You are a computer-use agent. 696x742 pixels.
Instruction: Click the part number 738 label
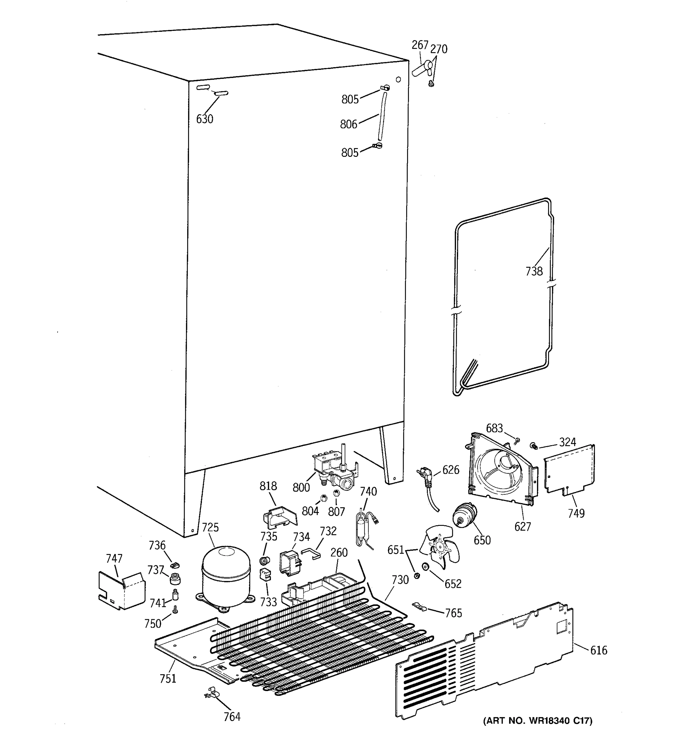(x=534, y=271)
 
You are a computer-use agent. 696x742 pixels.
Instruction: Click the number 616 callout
(x=599, y=650)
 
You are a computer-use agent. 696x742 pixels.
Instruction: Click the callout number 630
(x=204, y=119)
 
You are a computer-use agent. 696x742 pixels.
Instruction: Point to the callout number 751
(x=168, y=679)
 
